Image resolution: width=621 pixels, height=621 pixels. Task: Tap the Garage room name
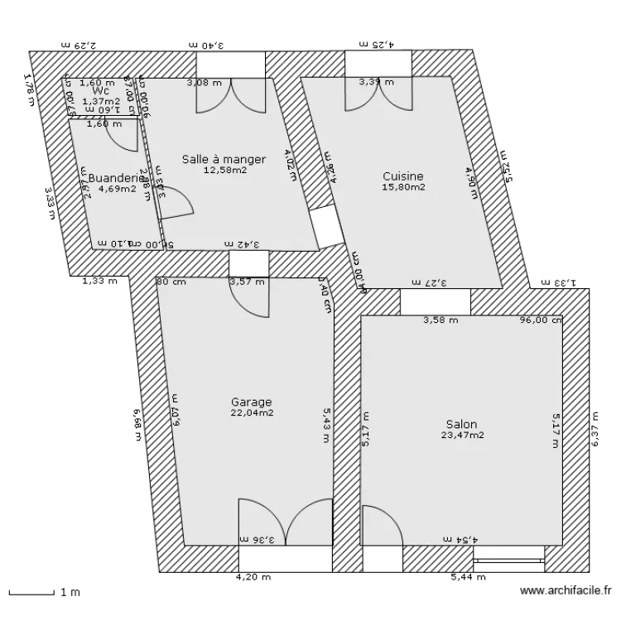click(252, 402)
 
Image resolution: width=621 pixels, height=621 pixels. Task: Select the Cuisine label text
click(403, 176)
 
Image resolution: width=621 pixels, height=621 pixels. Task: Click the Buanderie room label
click(110, 178)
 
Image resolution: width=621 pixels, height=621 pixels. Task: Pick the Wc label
click(101, 91)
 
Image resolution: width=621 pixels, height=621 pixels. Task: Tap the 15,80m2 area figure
click(403, 188)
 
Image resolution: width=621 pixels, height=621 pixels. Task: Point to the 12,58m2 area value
click(224, 171)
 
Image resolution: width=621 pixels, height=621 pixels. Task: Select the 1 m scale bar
click(33, 593)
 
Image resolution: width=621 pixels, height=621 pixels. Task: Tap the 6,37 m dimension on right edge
click(595, 431)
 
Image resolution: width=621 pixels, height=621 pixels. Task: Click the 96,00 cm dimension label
click(541, 320)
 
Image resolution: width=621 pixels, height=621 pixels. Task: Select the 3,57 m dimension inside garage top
click(247, 282)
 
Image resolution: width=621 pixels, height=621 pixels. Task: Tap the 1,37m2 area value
click(101, 101)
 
